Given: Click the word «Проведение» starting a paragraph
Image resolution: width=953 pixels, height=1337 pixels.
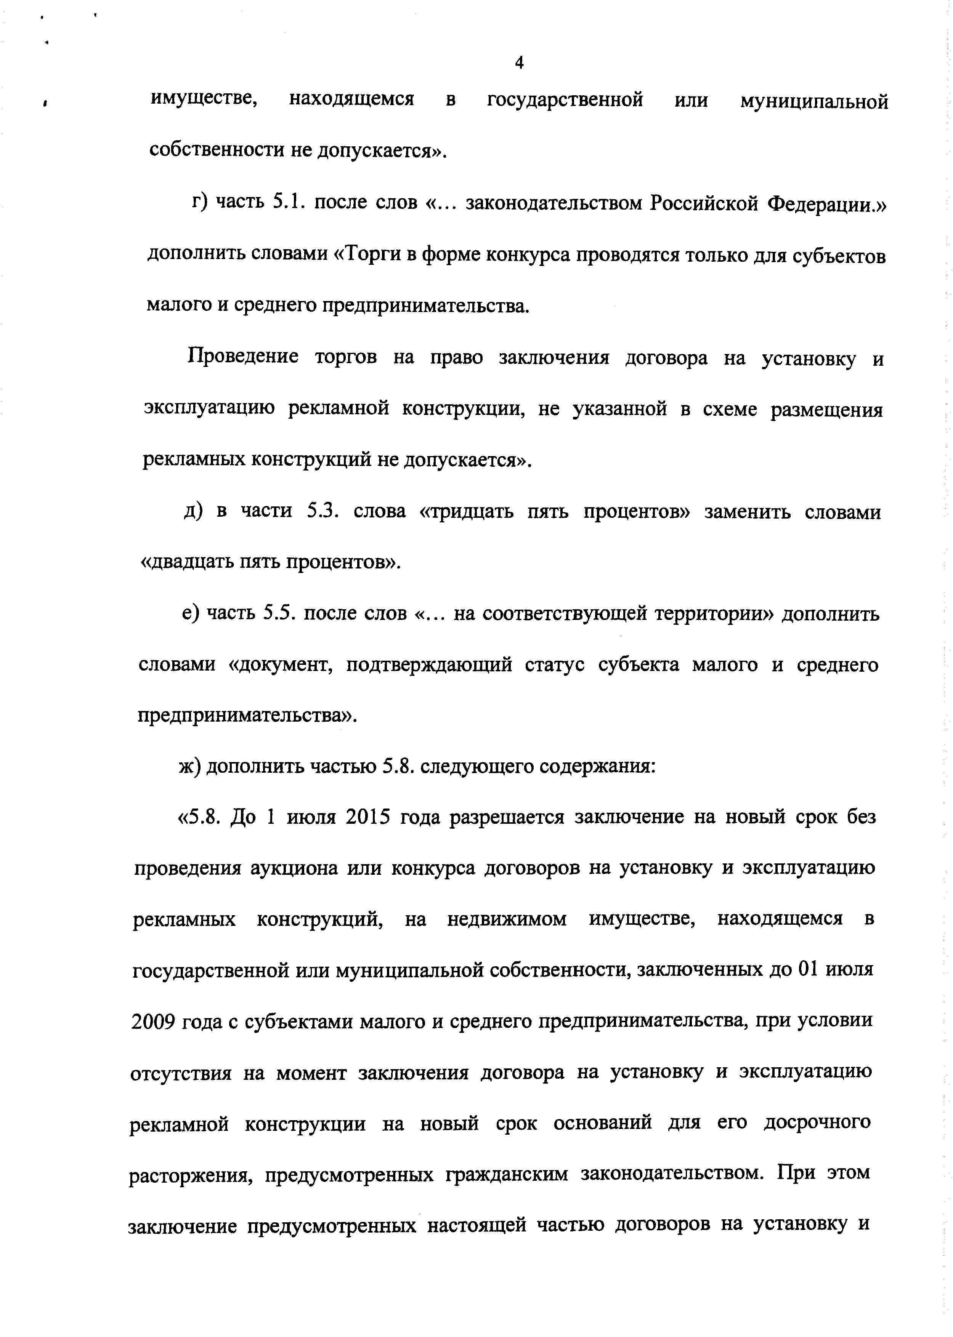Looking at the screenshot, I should pos(243,357).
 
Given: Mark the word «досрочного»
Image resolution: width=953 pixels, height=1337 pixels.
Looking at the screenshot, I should pos(817,1123).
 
